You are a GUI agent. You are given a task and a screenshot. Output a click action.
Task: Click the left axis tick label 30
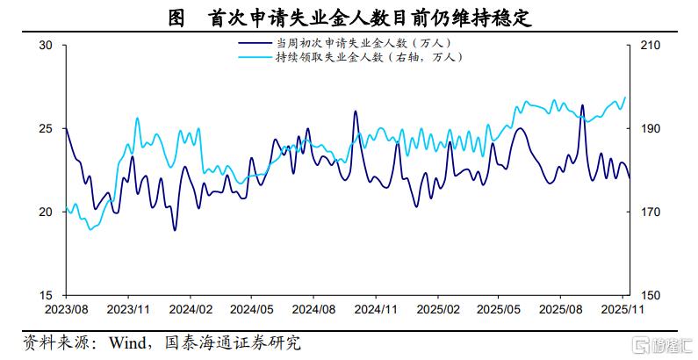(47, 46)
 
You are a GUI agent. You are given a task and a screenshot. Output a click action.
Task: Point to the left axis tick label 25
(47, 129)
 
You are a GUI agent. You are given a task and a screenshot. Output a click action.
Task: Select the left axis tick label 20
(47, 212)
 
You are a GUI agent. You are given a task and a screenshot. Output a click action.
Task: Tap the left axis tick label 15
(47, 295)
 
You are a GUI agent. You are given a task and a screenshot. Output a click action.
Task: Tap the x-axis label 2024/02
(191, 309)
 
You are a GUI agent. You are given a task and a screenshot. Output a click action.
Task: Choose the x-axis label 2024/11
(376, 309)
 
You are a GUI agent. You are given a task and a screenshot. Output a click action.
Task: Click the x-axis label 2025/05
(499, 309)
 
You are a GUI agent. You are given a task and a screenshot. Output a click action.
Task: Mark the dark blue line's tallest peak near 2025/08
(582, 105)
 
